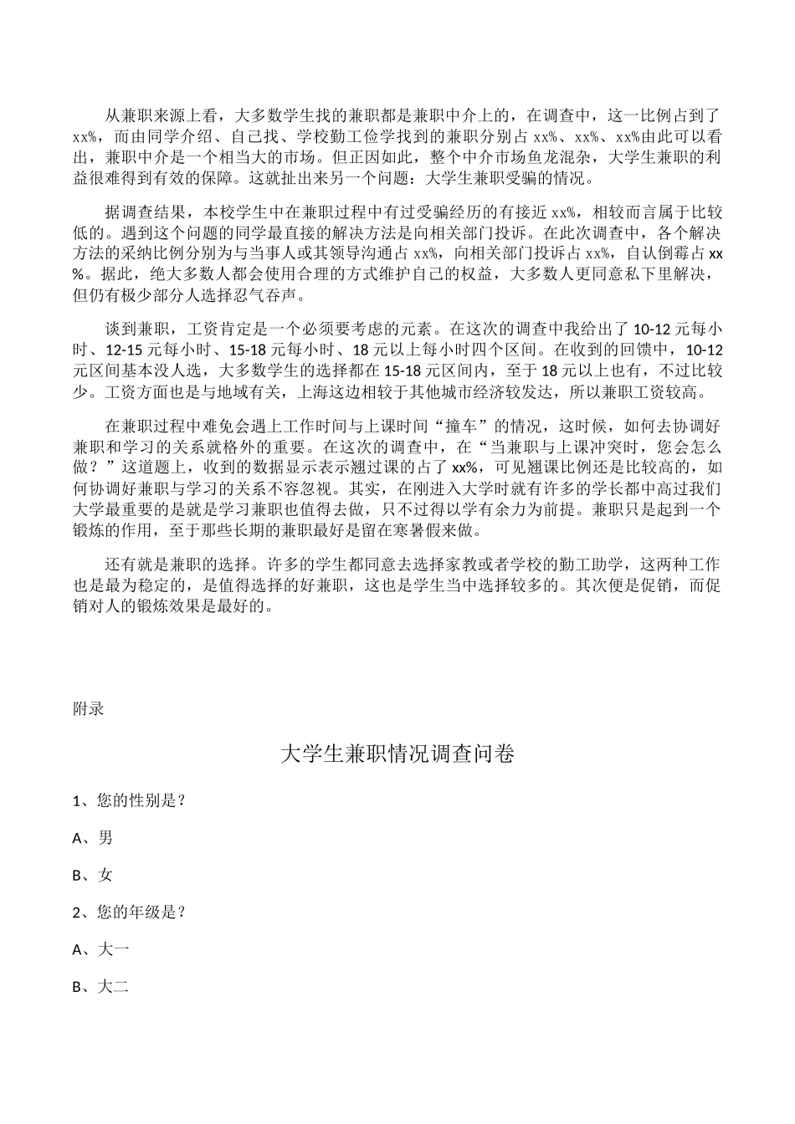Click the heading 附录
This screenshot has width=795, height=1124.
coord(89,708)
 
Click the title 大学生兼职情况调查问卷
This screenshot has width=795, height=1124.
coord(397,754)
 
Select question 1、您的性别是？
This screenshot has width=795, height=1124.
coord(129,800)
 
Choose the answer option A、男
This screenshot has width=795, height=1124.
coord(93,838)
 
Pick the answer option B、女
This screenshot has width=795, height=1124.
coord(93,875)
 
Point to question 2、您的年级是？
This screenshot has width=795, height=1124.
coord(129,912)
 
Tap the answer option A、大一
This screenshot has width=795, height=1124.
coord(100,949)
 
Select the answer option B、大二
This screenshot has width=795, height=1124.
coord(100,987)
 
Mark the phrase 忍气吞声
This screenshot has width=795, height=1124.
coord(275,294)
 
